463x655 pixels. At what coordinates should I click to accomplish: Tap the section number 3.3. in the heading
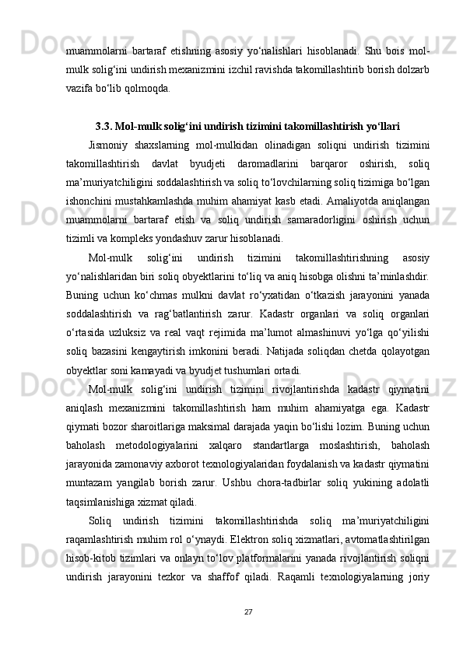tap(103, 124)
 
